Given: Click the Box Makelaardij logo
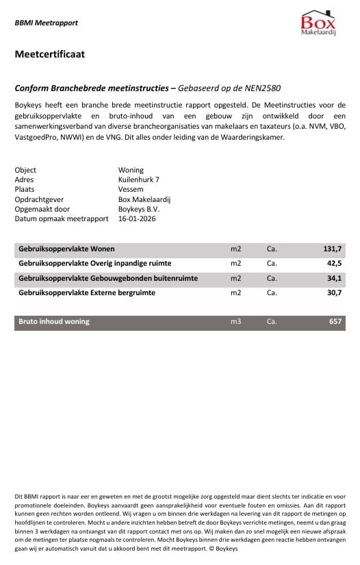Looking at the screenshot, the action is click(318, 23).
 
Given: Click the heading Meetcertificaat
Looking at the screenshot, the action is click(49, 54).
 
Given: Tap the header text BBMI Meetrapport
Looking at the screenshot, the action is click(46, 23).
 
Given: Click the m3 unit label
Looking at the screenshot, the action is click(236, 321).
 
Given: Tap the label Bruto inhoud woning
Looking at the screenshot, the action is click(54, 321).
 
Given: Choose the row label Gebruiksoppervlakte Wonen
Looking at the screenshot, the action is click(67, 249).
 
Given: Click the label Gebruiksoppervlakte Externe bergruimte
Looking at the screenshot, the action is click(87, 292).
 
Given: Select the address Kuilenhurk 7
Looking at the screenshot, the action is click(139, 179).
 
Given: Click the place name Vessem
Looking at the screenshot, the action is click(131, 189).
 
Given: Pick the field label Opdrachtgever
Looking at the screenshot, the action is click(40, 199).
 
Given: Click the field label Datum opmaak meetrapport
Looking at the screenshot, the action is click(62, 218).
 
